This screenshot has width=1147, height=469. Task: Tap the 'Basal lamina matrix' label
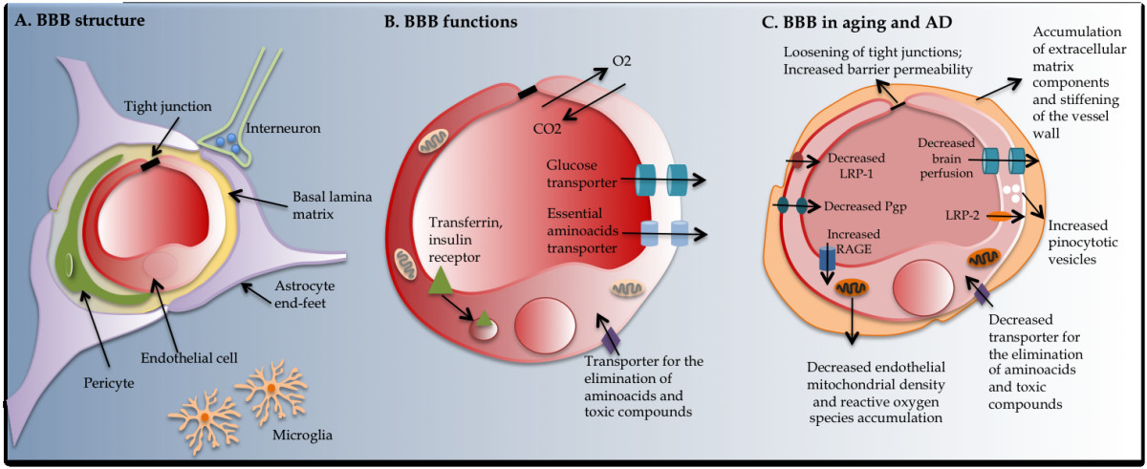tap(319, 203)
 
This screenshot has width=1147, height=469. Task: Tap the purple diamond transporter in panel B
tap(611, 337)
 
